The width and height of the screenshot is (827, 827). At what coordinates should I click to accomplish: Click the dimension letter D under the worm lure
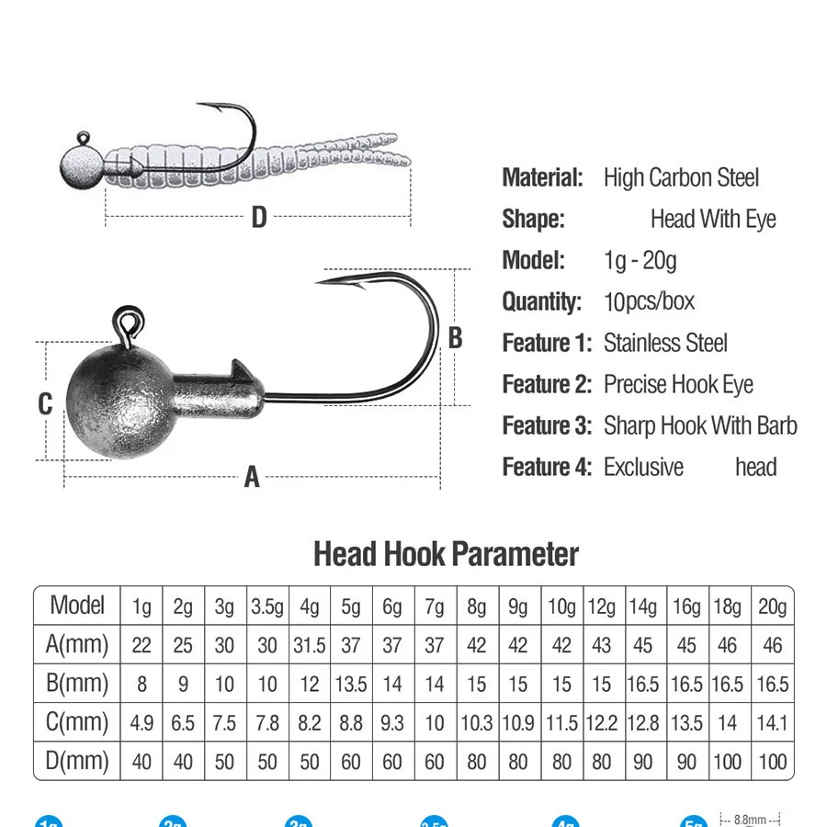coord(259,218)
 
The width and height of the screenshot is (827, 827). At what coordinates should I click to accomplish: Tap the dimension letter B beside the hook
coord(455,338)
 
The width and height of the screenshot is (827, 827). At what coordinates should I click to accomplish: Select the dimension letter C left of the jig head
coord(45,403)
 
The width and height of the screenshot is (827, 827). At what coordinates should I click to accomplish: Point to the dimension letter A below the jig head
coord(252,477)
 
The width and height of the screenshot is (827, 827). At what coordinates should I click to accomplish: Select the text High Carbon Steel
coord(681,178)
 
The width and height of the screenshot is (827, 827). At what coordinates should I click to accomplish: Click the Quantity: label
coord(542,301)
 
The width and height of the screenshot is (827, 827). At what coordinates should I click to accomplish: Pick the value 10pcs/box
coord(649,301)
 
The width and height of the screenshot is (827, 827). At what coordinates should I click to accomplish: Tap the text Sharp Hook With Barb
coord(700,425)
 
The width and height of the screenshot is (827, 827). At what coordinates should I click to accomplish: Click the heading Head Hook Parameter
coord(446,554)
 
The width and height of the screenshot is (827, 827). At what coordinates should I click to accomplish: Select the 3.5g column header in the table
coord(267,606)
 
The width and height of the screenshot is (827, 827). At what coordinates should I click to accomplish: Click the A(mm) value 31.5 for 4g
coord(310,645)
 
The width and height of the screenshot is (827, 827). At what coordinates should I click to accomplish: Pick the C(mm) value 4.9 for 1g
coord(142,723)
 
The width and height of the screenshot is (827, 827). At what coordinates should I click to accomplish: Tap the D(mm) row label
coord(77,761)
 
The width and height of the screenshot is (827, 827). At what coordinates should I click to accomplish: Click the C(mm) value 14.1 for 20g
coord(772,723)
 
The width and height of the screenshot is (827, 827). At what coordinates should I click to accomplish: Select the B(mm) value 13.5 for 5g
coord(351,685)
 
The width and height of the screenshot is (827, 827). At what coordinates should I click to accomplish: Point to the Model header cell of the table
coord(77,605)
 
